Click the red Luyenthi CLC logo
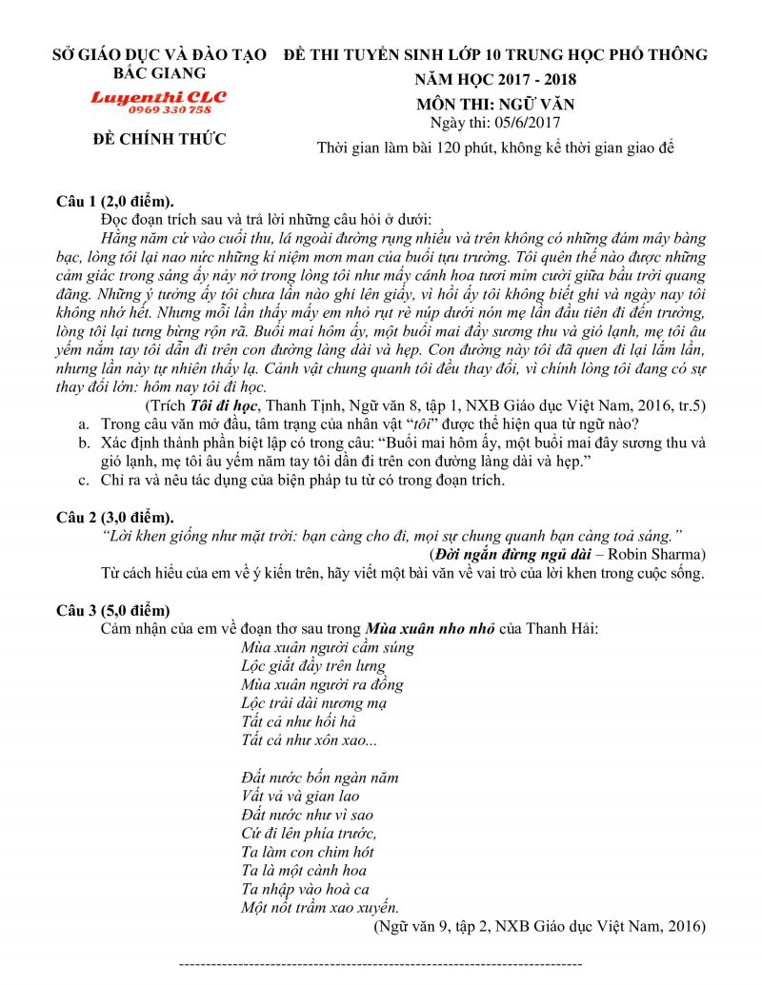(x=158, y=97)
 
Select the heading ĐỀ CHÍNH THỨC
(x=159, y=140)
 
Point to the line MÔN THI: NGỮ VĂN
(x=495, y=104)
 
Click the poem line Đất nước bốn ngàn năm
(x=320, y=778)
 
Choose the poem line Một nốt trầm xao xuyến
(x=320, y=907)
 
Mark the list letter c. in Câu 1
(x=85, y=480)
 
